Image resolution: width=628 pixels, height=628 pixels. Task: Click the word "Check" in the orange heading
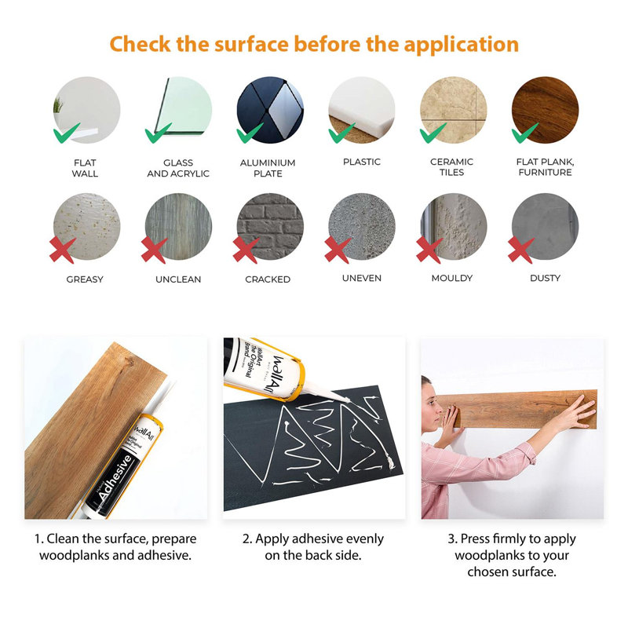140,44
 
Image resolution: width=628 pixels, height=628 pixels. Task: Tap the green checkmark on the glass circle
158,133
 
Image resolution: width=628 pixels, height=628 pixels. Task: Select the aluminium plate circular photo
270,110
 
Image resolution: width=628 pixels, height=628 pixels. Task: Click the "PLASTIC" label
362,162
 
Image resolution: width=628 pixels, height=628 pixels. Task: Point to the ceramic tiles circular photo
453,110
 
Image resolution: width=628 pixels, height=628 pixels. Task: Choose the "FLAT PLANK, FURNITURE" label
545,167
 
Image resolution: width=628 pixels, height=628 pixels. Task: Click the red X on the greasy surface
63,250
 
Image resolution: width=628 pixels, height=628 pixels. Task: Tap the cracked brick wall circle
270,227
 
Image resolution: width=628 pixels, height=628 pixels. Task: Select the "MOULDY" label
452,278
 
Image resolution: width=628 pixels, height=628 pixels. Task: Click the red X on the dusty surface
520,250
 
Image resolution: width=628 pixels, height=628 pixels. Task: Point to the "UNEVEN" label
362,278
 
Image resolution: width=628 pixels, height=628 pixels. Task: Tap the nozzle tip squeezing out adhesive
348,400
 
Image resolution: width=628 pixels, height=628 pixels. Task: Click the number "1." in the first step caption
38,539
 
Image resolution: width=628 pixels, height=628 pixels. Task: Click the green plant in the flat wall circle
58,105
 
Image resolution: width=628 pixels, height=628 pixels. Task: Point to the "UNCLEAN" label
178,279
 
